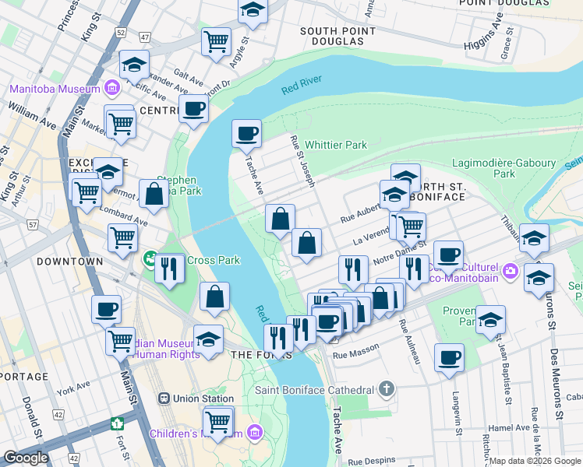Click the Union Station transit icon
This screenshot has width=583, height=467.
coord(164,399)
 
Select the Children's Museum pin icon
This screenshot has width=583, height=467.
coord(255,432)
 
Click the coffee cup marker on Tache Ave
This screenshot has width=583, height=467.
coord(246,133)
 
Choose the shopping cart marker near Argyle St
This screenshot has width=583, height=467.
coord(216,40)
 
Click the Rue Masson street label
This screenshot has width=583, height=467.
coord(349,355)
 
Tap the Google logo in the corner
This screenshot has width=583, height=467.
coord(26,458)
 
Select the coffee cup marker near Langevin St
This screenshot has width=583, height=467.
coord(448,358)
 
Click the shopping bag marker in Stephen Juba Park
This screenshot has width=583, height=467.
coord(154,195)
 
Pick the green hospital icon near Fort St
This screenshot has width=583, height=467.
coord(117,424)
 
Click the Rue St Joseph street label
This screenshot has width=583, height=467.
coord(302,161)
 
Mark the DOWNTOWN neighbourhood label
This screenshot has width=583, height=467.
coord(69,262)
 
